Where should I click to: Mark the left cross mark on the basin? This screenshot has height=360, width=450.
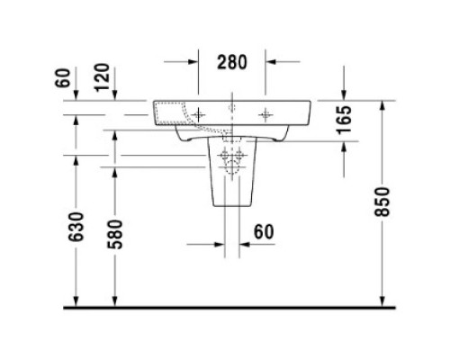coord(197,114)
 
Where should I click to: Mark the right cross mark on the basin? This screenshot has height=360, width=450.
coord(266,114)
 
